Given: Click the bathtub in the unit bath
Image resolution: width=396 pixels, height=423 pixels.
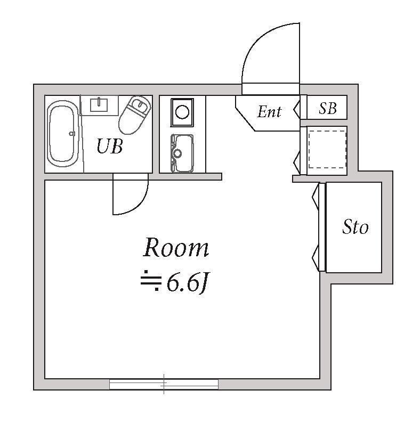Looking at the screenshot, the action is click(63, 134).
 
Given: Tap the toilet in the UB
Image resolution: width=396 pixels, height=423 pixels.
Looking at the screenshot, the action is click(135, 115).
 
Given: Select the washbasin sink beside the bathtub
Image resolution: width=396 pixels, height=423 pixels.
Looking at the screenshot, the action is click(99, 105).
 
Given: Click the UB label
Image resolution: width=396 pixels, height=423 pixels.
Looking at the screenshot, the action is click(110, 146).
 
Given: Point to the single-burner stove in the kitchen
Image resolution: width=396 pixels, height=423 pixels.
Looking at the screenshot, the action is click(182, 112).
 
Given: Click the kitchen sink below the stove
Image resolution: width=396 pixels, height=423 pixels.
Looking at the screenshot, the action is click(182, 153).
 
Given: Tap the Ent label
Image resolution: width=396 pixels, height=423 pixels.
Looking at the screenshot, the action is click(269, 112).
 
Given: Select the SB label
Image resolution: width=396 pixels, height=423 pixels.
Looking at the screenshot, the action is click(328, 109).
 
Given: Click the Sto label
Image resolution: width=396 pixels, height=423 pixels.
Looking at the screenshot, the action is click(355, 227).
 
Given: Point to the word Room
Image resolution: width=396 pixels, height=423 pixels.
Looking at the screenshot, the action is click(176, 247).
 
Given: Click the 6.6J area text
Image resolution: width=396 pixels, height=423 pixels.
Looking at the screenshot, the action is click(188, 283).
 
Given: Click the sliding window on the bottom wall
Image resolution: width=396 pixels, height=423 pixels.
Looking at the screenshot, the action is click(164, 384).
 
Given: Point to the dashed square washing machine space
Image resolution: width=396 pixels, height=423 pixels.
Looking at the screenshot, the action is click(327, 149).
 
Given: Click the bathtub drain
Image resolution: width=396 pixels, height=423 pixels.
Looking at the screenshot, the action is click(72, 133).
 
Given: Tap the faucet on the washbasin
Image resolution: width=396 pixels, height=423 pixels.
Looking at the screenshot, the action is click(99, 101).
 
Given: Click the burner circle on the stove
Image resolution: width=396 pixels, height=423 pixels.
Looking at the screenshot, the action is click(182, 112).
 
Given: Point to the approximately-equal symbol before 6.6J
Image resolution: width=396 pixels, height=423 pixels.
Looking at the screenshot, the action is click(151, 280).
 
